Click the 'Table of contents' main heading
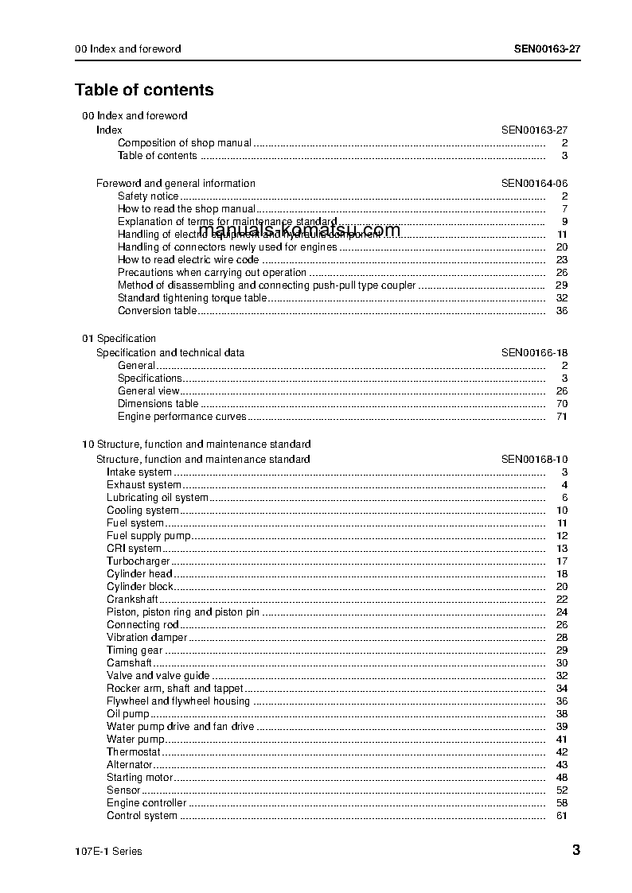pyautogui.click(x=144, y=90)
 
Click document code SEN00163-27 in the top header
pyautogui.click(x=547, y=49)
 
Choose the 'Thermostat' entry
pyautogui.click(x=134, y=752)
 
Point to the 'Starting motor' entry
pyautogui.click(x=140, y=778)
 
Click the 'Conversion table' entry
pyautogui.click(x=157, y=311)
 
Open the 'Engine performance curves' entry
pyautogui.click(x=182, y=417)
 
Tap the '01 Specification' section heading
pyautogui.click(x=119, y=339)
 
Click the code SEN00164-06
pyautogui.click(x=534, y=184)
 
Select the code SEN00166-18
pyautogui.click(x=534, y=353)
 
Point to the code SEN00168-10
pyautogui.click(x=534, y=460)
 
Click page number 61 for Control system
pyautogui.click(x=562, y=816)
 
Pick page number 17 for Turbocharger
pyautogui.click(x=562, y=561)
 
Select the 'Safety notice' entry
pyautogui.click(x=148, y=196)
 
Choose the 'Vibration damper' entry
pyautogui.click(x=147, y=638)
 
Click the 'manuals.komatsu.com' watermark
pyautogui.click(x=300, y=231)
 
